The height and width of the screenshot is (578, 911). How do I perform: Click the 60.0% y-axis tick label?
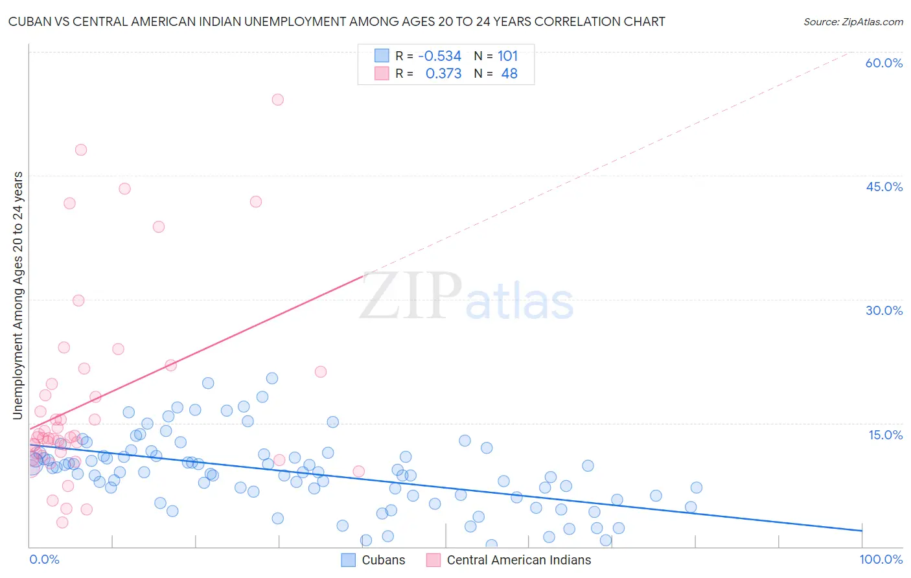884,63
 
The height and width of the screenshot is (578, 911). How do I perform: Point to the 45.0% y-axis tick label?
884,187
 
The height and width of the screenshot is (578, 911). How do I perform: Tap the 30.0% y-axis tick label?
884,310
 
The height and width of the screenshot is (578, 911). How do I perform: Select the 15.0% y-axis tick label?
885,435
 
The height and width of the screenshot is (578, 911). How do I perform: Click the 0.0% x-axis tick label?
44,559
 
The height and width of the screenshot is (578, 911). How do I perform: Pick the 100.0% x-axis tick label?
881,559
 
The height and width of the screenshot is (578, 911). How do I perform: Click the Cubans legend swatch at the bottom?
349,560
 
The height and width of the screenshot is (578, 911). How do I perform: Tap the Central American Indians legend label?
519,560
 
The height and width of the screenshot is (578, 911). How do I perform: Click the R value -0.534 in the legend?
439,56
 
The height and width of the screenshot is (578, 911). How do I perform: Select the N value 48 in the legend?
509,74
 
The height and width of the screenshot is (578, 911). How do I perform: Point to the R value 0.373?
443,74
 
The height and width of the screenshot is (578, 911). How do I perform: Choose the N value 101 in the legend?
507,56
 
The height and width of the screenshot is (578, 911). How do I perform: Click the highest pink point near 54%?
277,99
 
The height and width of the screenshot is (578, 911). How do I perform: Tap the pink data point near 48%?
81,150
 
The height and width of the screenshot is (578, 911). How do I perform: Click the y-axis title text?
17,295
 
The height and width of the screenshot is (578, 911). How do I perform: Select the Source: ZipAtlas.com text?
853,22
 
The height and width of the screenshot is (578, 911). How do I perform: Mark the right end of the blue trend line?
862,531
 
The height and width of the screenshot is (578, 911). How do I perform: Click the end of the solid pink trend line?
363,276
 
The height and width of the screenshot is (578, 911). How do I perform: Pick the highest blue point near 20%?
272,378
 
